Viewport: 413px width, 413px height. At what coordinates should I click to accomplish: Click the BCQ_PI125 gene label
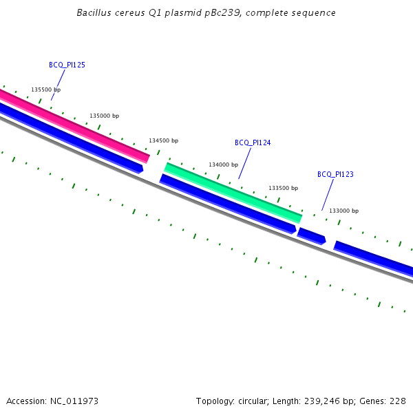(x=67, y=65)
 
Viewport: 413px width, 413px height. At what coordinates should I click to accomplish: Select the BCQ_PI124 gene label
(x=253, y=142)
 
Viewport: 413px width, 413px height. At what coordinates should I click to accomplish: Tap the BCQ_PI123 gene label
(x=335, y=174)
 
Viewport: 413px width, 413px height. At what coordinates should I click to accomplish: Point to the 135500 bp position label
(x=45, y=89)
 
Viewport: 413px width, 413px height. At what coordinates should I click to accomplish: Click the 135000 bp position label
(x=104, y=116)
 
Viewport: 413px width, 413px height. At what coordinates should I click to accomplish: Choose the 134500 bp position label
(x=163, y=140)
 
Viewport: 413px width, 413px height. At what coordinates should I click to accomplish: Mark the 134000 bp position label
(x=223, y=165)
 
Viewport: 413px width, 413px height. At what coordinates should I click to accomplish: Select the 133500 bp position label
(x=283, y=188)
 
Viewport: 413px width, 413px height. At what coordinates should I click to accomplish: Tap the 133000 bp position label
(x=343, y=211)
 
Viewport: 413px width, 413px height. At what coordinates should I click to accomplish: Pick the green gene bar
(x=233, y=192)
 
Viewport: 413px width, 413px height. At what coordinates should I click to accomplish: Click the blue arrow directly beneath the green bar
(x=227, y=204)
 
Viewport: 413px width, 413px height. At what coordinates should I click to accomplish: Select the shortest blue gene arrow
(x=311, y=235)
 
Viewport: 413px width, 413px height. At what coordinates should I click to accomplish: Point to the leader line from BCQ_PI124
(x=245, y=163)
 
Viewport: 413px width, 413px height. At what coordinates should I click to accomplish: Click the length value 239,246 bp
(x=338, y=401)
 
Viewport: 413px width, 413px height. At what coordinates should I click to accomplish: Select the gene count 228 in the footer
(x=399, y=401)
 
